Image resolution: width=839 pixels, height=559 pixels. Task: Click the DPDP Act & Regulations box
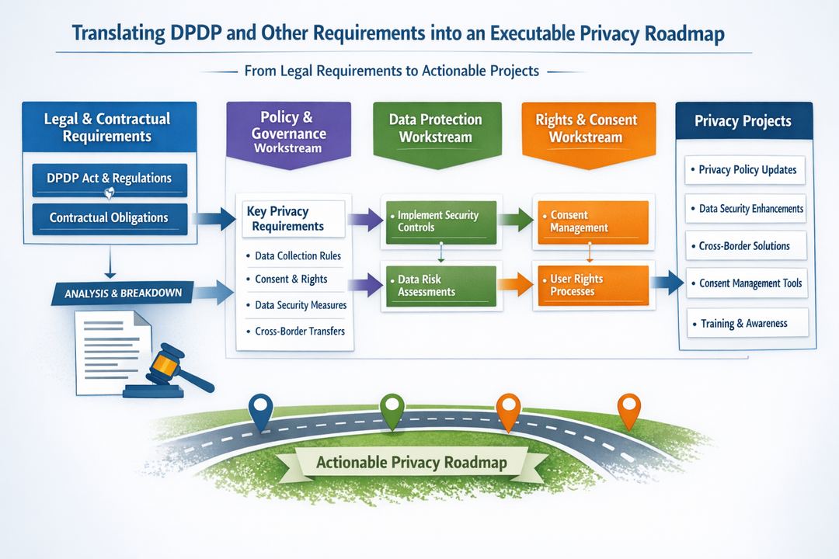[109, 179]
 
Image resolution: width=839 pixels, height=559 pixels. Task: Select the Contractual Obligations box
[109, 218]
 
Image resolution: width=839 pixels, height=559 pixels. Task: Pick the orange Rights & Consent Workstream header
[587, 128]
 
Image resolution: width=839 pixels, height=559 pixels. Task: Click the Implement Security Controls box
[439, 222]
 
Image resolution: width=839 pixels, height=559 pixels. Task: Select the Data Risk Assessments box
[439, 285]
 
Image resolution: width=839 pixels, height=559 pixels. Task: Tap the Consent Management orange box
[590, 222]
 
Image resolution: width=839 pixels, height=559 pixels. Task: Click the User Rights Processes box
[590, 285]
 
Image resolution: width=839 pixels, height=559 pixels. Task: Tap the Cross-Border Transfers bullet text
[299, 332]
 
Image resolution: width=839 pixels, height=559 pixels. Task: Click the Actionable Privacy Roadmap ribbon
[412, 463]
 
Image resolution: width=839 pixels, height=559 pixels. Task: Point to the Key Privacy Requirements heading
[287, 219]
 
